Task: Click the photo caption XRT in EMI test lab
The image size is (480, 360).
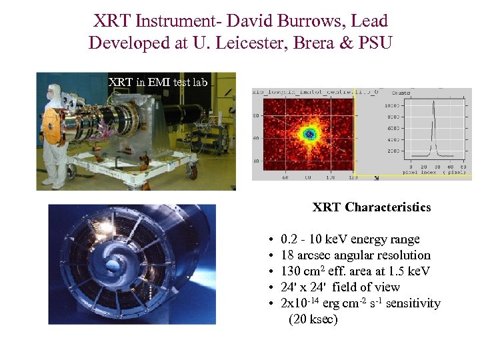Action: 158,82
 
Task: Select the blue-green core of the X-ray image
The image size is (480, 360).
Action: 309,135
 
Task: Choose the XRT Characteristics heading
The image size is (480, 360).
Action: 371,207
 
